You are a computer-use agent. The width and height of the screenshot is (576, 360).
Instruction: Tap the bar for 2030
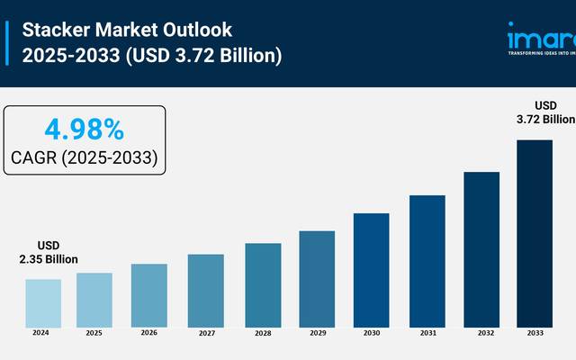tap(371, 269)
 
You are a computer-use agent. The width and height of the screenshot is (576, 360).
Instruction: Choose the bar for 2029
tap(317, 278)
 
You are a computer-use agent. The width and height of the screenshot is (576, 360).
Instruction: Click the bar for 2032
tap(481, 248)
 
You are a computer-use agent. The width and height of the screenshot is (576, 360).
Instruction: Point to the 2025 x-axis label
tap(94, 333)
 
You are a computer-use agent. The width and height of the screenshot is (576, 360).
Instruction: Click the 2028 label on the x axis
tap(262, 333)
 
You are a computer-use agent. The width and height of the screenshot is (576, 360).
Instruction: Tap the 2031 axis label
tap(427, 333)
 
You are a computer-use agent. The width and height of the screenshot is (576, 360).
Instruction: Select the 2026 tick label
tap(149, 333)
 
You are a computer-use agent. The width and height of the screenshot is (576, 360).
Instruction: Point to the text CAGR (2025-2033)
tap(85, 157)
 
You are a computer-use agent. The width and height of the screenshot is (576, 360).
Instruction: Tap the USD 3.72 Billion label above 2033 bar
tap(545, 112)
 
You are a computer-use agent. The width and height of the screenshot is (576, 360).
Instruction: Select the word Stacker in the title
tap(53, 29)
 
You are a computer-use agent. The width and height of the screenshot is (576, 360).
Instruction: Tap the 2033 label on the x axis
tap(535, 333)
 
